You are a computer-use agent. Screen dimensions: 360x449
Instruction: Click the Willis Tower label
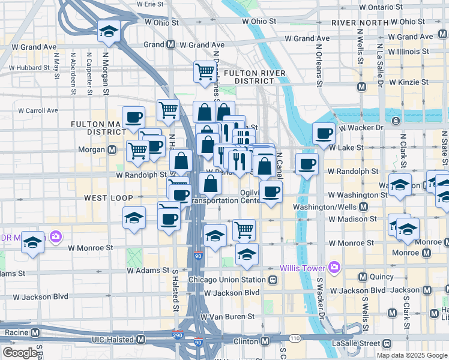[x=304, y=267]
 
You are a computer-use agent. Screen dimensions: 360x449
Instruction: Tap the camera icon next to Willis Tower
[x=334, y=267]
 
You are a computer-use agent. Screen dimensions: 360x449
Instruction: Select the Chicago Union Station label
[x=226, y=280]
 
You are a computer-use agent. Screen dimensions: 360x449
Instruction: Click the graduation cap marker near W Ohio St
[x=109, y=31]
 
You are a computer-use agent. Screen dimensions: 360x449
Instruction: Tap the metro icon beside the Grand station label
[x=171, y=44]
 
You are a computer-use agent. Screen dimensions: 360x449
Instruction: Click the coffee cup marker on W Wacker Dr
[x=324, y=134]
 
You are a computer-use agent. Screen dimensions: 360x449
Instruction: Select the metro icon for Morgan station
[x=112, y=149]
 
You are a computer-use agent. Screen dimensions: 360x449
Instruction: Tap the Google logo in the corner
[x=19, y=353]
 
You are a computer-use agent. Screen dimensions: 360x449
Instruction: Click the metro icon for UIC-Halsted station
[x=140, y=340]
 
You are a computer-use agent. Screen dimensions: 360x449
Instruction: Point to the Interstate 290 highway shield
[x=177, y=337]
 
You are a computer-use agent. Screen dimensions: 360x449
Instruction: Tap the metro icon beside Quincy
[x=363, y=277]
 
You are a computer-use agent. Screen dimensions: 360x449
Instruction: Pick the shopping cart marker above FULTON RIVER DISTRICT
[x=205, y=72]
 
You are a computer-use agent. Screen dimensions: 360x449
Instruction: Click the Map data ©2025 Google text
[x=412, y=355]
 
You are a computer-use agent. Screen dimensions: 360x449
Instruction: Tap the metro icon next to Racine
[x=35, y=332]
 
